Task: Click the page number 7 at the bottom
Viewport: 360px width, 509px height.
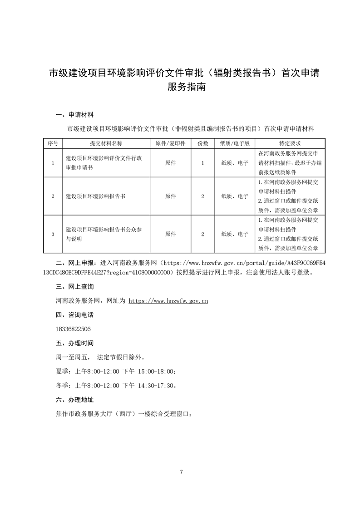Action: point(181,472)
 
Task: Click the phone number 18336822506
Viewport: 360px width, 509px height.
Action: point(73,329)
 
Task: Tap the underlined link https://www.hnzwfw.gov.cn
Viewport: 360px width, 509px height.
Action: point(168,300)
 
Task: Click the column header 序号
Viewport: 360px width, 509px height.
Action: point(53,143)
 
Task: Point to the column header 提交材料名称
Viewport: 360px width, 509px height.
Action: point(106,143)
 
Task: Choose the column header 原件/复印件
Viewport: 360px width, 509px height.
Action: point(170,143)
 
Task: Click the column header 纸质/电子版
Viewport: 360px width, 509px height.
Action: point(235,143)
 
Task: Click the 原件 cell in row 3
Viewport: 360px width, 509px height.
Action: point(170,234)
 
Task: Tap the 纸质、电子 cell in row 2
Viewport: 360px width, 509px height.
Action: point(235,196)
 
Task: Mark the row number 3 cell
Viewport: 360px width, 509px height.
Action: point(53,234)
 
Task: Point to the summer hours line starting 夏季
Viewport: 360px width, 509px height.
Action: point(116,372)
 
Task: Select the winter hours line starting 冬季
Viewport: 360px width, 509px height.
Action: point(116,386)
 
